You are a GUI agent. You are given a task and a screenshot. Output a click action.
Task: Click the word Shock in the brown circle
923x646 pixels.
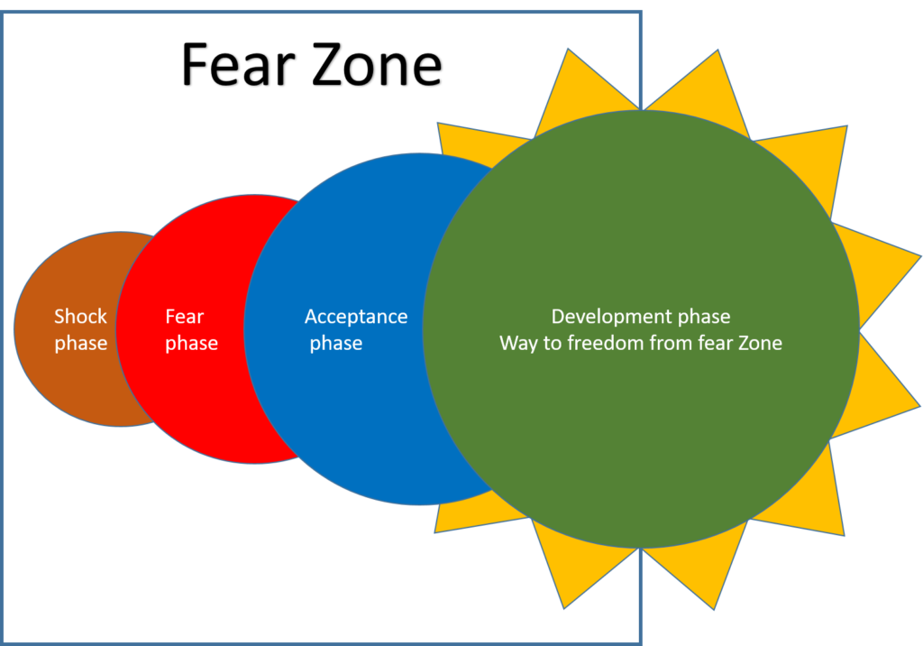point(80,317)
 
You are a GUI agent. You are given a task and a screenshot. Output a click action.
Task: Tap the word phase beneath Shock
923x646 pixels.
point(80,344)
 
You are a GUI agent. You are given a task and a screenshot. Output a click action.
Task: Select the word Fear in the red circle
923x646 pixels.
point(185,317)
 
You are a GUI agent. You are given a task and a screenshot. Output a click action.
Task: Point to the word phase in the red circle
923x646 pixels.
point(191,344)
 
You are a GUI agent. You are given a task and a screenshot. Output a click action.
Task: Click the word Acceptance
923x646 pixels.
point(356,317)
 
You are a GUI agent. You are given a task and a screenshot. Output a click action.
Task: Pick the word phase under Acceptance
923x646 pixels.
point(336,344)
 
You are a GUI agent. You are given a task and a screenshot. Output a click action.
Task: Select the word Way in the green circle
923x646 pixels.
point(518,344)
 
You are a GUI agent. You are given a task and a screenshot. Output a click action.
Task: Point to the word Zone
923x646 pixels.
point(757,344)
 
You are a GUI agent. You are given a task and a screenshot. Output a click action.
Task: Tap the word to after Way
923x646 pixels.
point(551,344)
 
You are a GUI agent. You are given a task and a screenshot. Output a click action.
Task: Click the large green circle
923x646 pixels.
point(640,433)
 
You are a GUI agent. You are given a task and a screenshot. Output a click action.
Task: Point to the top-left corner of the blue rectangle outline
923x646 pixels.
point(3,12)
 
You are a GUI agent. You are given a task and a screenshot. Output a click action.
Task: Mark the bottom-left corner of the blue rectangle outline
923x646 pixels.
point(3,642)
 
